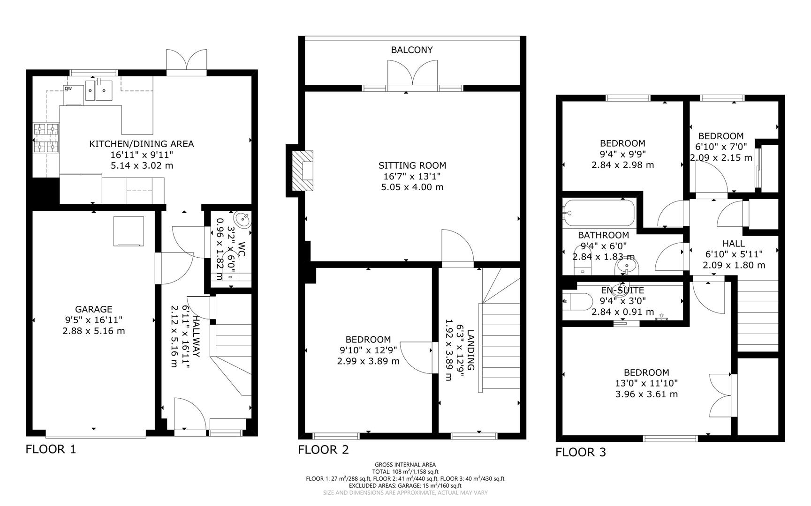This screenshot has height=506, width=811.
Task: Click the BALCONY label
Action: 412,50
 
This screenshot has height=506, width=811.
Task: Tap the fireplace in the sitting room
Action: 303,171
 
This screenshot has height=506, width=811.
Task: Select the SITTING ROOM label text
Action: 412,165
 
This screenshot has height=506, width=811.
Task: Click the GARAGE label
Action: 94,309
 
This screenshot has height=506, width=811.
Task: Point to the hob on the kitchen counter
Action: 46,138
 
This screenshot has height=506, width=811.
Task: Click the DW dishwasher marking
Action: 68,88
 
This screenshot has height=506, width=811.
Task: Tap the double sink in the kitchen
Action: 99,90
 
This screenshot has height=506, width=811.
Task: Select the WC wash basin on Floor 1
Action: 243,219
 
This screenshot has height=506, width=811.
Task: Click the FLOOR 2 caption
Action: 323,450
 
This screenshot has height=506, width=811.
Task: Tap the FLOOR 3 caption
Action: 580,453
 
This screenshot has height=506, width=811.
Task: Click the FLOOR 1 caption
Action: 50,450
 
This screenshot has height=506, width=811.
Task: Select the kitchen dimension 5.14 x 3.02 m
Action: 141,165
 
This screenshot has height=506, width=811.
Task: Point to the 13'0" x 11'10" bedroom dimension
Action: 646,383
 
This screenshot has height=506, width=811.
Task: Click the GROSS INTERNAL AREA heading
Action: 405,465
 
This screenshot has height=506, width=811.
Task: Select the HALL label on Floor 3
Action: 733,244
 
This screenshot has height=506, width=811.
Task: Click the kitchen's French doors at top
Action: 186,61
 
